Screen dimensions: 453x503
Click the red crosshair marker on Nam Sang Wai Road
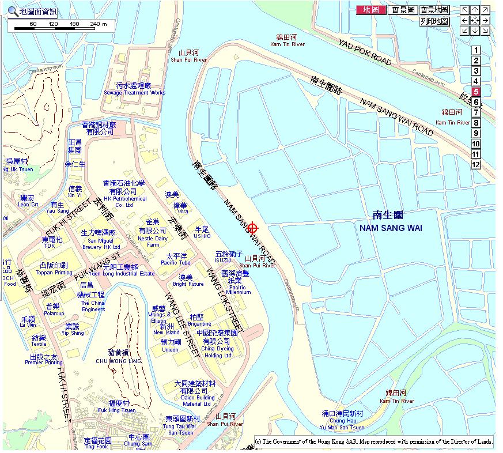click(252, 229)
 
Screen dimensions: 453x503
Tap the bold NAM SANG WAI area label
click(390, 228)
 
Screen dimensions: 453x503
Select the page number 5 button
click(476, 92)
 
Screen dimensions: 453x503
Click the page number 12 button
click(476, 164)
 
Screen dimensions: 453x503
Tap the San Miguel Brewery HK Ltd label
click(100, 243)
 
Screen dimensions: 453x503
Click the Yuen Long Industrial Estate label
click(129, 274)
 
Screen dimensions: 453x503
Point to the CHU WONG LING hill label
click(118, 361)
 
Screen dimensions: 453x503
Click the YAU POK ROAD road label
click(365, 52)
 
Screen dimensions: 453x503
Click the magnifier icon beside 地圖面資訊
click(12, 12)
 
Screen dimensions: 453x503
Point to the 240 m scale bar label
click(99, 24)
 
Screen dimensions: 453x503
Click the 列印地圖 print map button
click(434, 21)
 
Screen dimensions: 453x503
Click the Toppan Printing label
click(56, 272)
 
